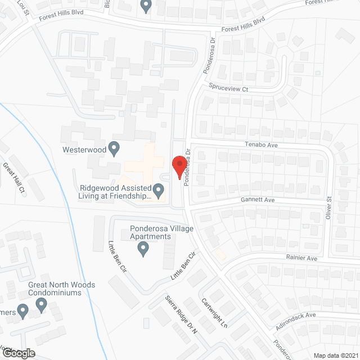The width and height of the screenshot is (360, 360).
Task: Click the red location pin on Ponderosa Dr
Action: click(179, 166)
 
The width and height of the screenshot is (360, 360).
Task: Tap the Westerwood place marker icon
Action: click(114, 149)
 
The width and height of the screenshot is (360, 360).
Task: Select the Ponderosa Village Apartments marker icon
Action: click(143, 248)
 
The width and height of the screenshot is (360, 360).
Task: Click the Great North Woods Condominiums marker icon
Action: click(41, 304)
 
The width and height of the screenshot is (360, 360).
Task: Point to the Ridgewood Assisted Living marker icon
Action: click(159, 192)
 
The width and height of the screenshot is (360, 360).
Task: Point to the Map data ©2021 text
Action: click(335, 355)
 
